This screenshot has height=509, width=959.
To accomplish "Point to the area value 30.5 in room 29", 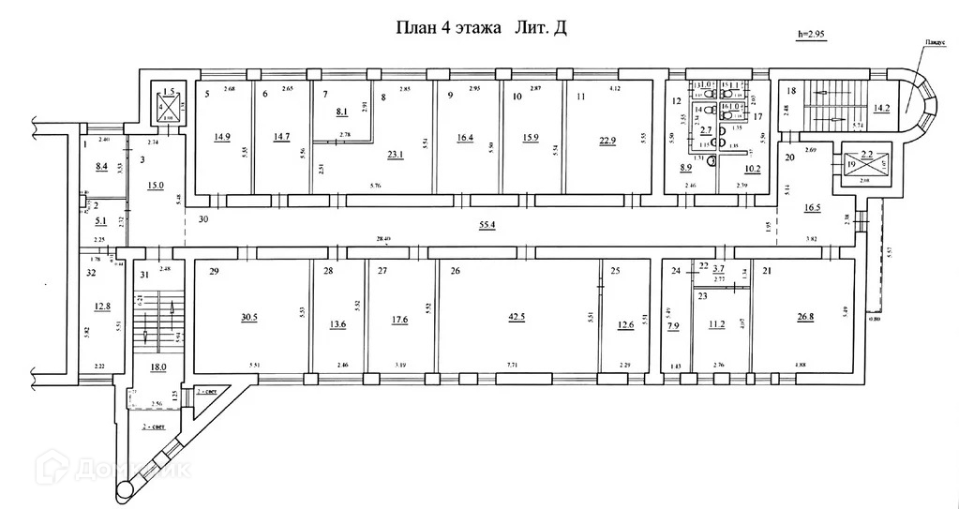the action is point(248,317).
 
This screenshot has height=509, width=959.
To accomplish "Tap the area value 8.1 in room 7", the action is point(341,111).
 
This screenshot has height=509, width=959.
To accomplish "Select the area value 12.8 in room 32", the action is point(102,306).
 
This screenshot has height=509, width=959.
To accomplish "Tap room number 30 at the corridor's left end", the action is point(202,218).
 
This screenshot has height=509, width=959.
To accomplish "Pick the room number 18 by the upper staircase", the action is point(791,90).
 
